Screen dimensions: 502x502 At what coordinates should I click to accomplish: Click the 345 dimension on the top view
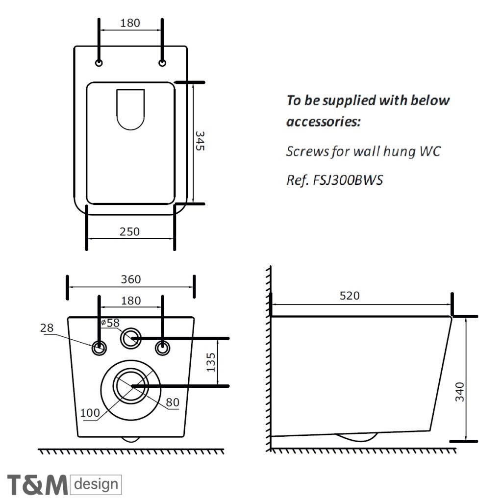pos(200,141)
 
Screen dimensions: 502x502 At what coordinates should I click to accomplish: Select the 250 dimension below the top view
pos(130,231)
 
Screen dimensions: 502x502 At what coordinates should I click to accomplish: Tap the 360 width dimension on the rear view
pos(131,279)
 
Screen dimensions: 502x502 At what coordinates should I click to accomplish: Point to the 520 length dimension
pos(350,296)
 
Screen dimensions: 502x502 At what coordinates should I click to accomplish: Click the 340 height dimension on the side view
pos(460,392)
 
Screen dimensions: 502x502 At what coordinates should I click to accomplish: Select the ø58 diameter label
pos(110,323)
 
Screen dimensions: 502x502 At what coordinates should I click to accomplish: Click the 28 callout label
pos(47,328)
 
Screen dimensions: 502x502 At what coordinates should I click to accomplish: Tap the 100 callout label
pos(90,413)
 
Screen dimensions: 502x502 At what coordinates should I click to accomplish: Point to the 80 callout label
pos(172,402)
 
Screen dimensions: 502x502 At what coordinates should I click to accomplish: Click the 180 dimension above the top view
pos(130,23)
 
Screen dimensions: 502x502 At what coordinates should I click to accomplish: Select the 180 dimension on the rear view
pos(130,301)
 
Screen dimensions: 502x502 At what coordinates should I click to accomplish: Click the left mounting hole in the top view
pos(100,63)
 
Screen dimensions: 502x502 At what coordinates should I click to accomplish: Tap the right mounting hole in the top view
pos(162,63)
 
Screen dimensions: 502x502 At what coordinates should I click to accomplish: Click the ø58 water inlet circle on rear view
pos(131,338)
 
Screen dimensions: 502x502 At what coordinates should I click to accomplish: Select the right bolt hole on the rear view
pos(162,348)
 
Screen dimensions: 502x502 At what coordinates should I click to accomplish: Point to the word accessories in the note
pos(323,121)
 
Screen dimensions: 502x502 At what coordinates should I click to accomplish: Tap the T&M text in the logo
pos(37,485)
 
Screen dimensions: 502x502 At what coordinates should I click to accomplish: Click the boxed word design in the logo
pos(97,485)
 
